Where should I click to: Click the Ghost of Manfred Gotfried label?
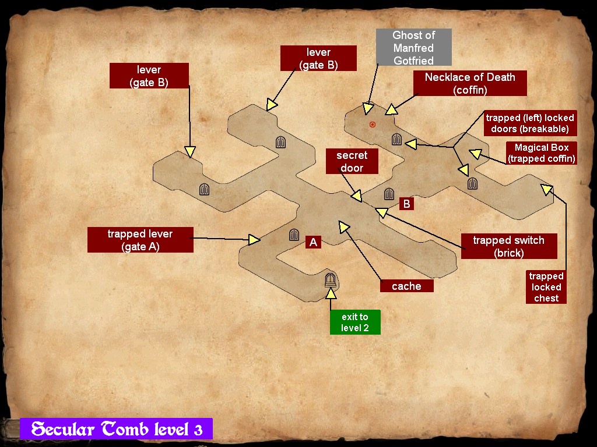(413, 47)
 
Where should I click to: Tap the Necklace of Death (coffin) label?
(470, 83)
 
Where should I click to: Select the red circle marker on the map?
(373, 124)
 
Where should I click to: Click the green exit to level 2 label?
(355, 322)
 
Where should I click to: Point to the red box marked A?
(313, 242)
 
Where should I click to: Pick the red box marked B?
(407, 204)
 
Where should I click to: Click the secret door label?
(352, 161)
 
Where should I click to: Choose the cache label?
(406, 286)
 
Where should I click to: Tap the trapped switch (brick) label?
(508, 246)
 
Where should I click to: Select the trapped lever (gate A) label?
(140, 240)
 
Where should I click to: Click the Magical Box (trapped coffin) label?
(542, 153)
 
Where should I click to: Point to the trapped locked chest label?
(546, 287)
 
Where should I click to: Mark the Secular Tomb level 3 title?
(117, 430)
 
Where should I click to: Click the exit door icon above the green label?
(331, 280)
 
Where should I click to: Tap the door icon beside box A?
(294, 235)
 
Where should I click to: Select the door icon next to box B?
(389, 194)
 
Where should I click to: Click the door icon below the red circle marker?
(396, 139)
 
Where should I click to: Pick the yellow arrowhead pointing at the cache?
(343, 226)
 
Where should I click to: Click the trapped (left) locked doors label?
(530, 123)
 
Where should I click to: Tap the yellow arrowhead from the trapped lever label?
(254, 239)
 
